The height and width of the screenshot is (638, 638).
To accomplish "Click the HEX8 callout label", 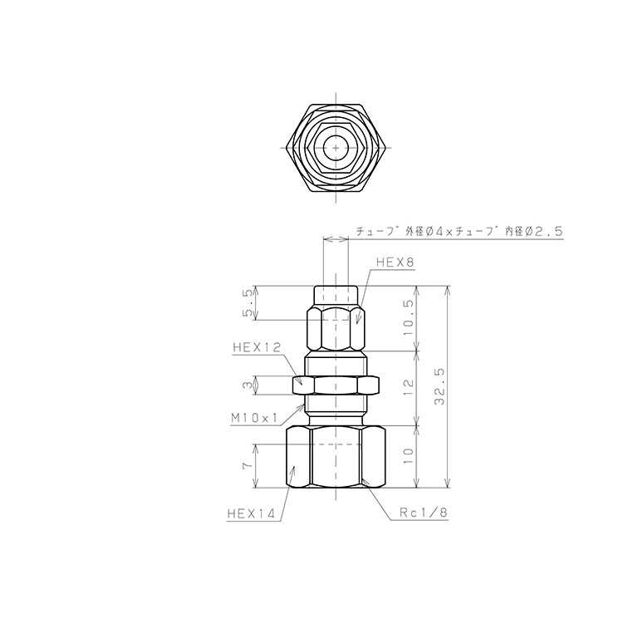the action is tap(395, 263).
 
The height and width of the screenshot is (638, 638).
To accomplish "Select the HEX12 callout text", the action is tap(257, 347).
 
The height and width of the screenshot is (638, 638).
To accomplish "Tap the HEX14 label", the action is tap(251, 513).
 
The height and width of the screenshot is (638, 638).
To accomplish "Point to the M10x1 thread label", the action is tap(254, 418).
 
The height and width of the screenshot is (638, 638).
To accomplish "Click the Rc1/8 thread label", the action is tap(423, 513).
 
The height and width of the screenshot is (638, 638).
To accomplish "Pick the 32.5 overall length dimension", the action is tap(439, 386).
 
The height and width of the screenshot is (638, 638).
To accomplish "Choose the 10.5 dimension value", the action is tap(408, 317).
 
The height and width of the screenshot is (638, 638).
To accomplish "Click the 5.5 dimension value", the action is tap(248, 303).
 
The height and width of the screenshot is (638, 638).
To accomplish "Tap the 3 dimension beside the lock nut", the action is tap(248, 385).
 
